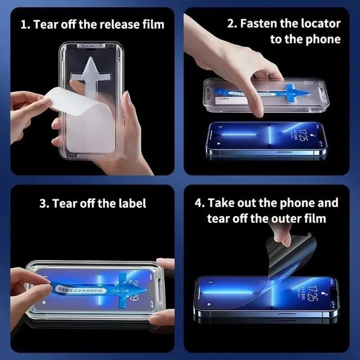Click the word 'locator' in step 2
(x=318, y=23)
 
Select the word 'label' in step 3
(x=131, y=203)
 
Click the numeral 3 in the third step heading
(x=43, y=203)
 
